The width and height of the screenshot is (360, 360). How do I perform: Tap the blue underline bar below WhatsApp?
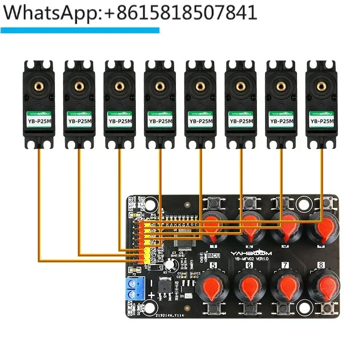coord(80,30)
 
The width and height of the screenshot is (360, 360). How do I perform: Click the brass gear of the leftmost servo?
coord(39,85)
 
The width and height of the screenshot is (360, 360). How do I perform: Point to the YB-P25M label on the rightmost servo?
coord(322,121)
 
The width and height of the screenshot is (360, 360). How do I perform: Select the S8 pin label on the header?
coord(153,261)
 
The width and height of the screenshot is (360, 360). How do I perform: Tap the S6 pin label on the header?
coord(153,249)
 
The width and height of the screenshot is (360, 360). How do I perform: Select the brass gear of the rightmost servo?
coord(322,85)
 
